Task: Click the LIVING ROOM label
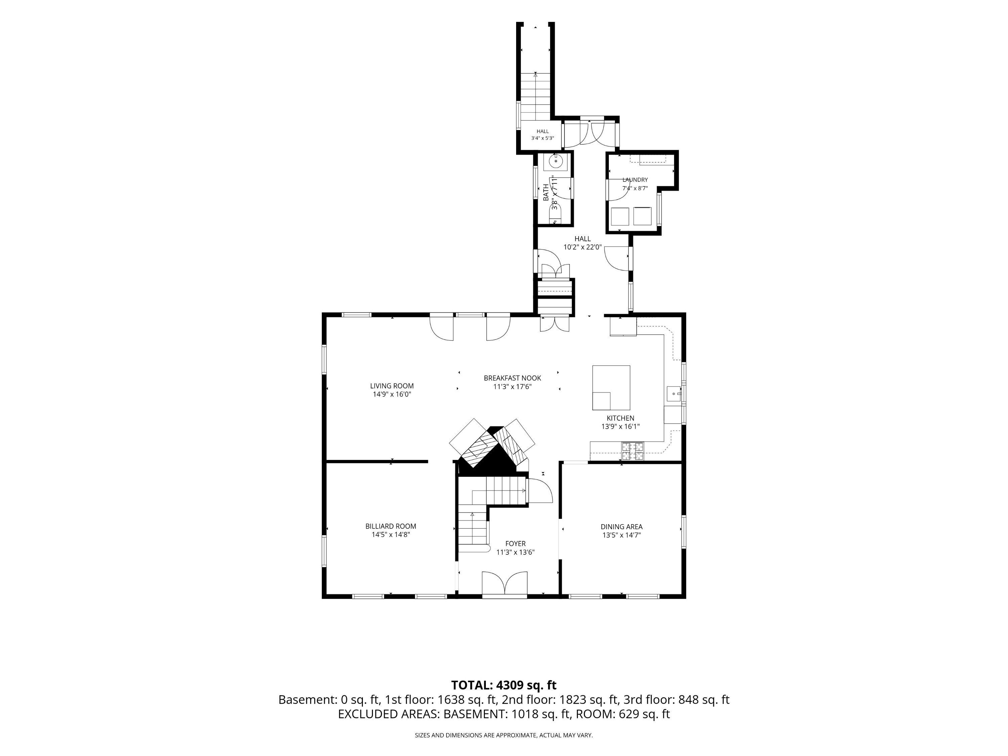392,386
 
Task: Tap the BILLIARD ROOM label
390,526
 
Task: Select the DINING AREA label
622,527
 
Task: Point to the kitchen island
611,388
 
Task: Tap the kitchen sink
674,393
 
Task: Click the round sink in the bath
555,161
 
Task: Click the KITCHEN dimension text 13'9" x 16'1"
620,426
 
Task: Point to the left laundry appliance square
620,216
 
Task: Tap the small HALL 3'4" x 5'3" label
542,135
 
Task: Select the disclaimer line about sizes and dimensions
504,735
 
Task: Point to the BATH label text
546,192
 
